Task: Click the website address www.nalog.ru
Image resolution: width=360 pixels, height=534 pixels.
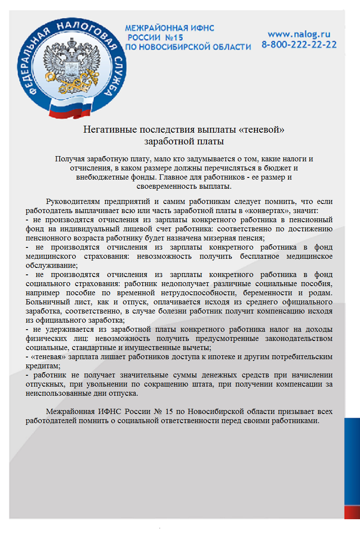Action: click(299, 34)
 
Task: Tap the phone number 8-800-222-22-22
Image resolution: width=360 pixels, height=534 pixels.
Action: click(299, 44)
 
